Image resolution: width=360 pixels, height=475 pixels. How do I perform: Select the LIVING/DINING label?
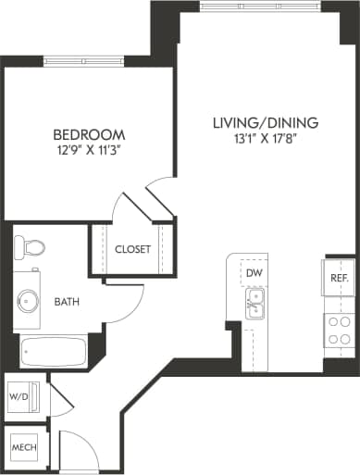pos(265,122)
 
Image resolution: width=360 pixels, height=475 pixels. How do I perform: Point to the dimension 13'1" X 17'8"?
pos(265,139)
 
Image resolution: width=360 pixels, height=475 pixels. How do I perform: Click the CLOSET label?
pos(133,249)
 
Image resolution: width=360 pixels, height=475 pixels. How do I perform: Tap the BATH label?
pos(67,302)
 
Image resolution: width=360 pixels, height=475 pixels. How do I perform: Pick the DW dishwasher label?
pos(254,273)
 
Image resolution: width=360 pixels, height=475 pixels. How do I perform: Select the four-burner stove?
pos(338,331)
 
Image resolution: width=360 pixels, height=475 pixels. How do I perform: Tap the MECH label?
pos(22,448)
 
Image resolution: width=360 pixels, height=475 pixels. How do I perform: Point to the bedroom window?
pos(83,61)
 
